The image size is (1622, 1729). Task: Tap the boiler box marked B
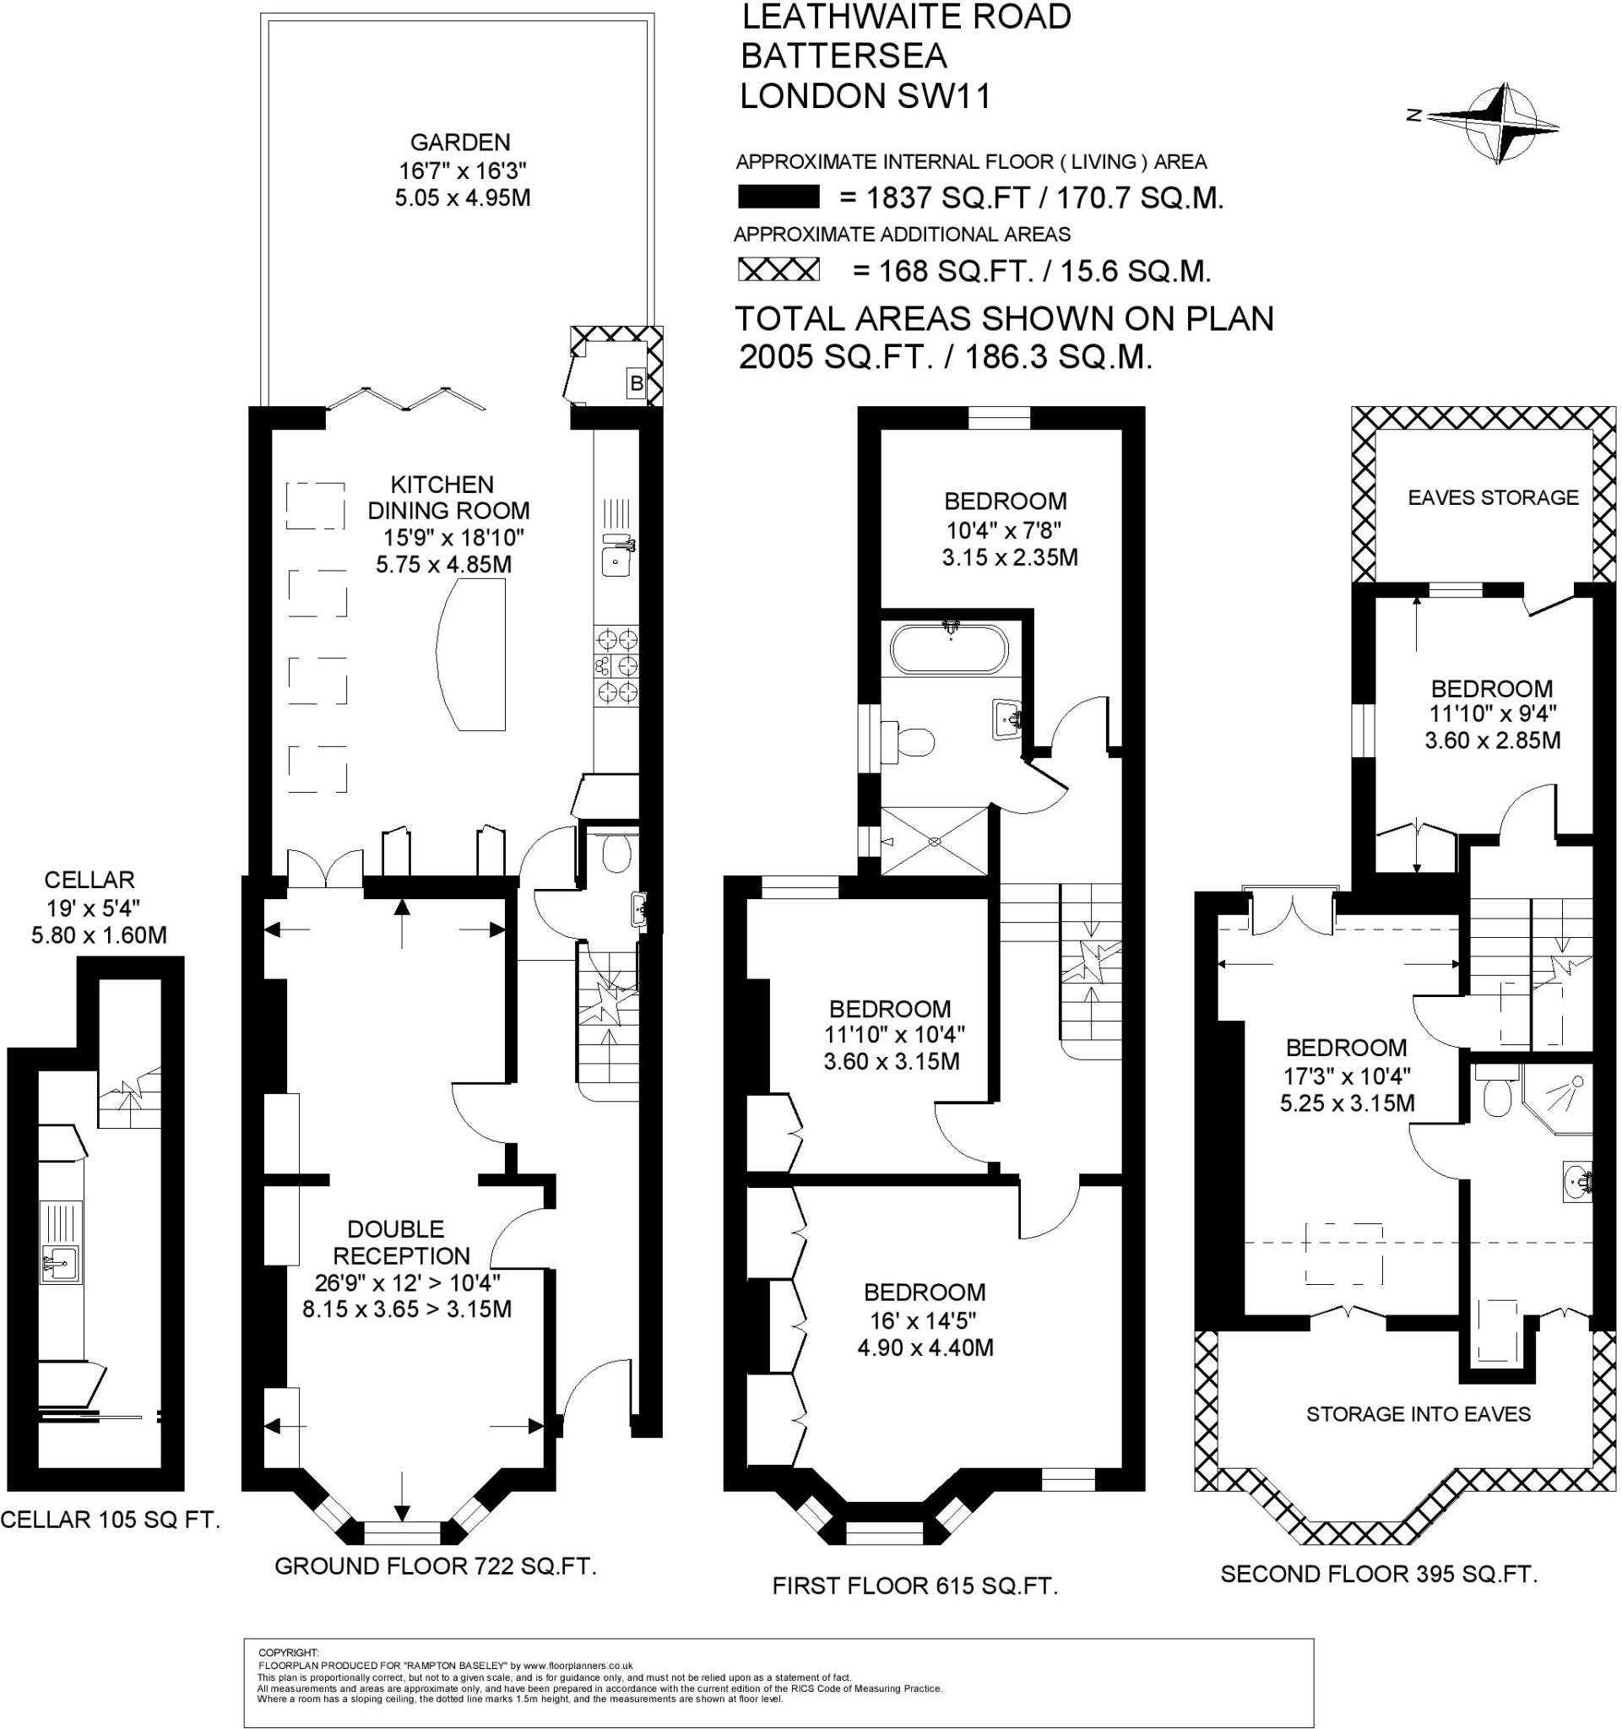tap(637, 382)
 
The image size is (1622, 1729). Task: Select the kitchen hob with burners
tap(616, 665)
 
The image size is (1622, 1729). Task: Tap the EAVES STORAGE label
tap(1493, 497)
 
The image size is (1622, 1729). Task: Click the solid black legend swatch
tap(778, 198)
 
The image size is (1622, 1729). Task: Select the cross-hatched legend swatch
tap(778, 269)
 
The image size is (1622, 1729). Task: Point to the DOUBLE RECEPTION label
tap(401, 1242)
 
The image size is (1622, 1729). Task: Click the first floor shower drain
tap(935, 842)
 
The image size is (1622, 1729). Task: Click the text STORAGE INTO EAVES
tap(1419, 1414)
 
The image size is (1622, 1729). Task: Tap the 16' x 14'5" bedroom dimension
tap(925, 1320)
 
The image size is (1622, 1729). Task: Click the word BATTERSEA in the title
tap(844, 56)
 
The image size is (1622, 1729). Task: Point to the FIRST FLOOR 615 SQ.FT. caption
tap(915, 1586)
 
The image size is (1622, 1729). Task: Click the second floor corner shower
tap(1558, 1098)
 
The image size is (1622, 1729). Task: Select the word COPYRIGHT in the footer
tap(289, 1652)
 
